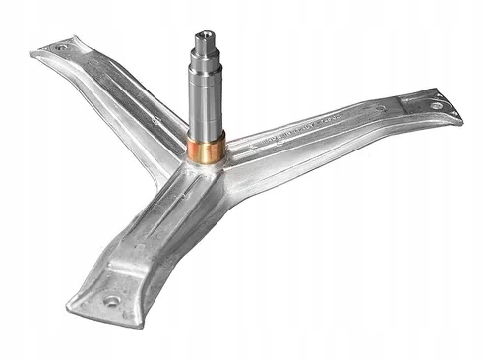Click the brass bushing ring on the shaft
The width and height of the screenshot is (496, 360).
pyautogui.click(x=205, y=149)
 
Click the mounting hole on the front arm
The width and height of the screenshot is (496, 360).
pyautogui.click(x=110, y=301)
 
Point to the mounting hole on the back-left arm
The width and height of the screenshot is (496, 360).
pyautogui.click(x=61, y=47)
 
